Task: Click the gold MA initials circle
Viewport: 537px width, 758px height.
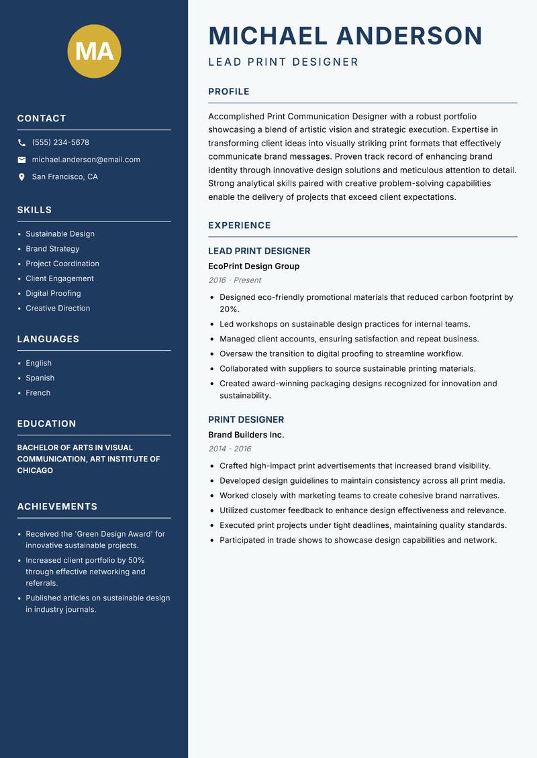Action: click(94, 51)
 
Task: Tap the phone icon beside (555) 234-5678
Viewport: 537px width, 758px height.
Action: click(21, 143)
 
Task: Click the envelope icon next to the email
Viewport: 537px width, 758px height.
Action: click(21, 160)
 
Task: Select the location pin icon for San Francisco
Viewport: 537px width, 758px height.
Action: click(21, 177)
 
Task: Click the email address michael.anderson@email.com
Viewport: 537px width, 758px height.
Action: click(86, 160)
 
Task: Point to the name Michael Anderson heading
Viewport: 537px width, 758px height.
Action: click(345, 36)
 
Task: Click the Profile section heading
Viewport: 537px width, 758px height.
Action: click(228, 92)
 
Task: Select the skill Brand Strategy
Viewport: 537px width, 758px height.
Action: click(52, 249)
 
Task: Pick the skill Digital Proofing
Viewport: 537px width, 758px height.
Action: click(53, 293)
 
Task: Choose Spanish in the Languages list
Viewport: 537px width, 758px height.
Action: click(40, 378)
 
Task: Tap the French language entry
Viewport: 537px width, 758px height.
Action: click(38, 392)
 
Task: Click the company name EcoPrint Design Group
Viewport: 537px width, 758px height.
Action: click(254, 266)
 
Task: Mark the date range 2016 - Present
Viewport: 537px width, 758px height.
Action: click(234, 280)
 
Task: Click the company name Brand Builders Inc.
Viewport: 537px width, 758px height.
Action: click(246, 435)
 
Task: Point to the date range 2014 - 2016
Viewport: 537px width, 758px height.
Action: click(230, 449)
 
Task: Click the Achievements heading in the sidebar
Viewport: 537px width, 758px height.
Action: click(57, 506)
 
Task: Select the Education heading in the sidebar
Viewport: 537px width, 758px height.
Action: click(46, 424)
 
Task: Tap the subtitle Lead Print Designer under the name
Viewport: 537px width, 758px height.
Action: click(283, 62)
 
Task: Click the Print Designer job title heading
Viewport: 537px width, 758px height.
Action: click(246, 420)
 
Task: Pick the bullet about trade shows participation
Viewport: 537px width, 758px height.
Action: click(358, 540)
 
